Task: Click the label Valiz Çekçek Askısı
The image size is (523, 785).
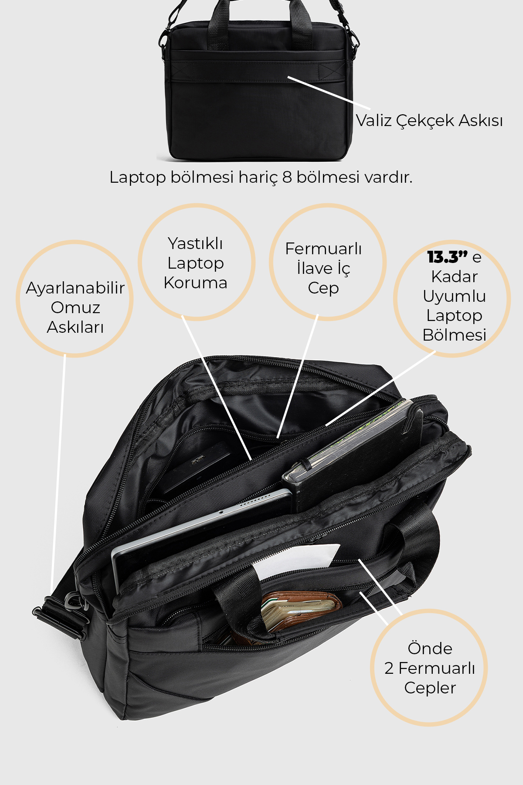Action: click(x=429, y=121)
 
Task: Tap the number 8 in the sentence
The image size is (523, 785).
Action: click(x=286, y=177)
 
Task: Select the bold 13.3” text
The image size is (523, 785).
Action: click(x=448, y=257)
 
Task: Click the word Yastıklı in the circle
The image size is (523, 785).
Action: click(x=195, y=243)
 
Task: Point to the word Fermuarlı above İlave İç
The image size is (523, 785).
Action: click(x=323, y=249)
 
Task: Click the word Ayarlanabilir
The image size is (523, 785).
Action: click(x=75, y=288)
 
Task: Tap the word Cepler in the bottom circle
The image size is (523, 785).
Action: click(x=430, y=688)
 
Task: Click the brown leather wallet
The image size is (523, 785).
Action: click(x=301, y=611)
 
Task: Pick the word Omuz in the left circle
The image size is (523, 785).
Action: click(x=75, y=307)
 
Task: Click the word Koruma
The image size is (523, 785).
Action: click(x=195, y=283)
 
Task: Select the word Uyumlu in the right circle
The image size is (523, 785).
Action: click(x=454, y=297)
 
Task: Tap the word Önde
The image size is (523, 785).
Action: click(x=430, y=648)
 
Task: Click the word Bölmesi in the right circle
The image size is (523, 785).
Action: click(x=454, y=335)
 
